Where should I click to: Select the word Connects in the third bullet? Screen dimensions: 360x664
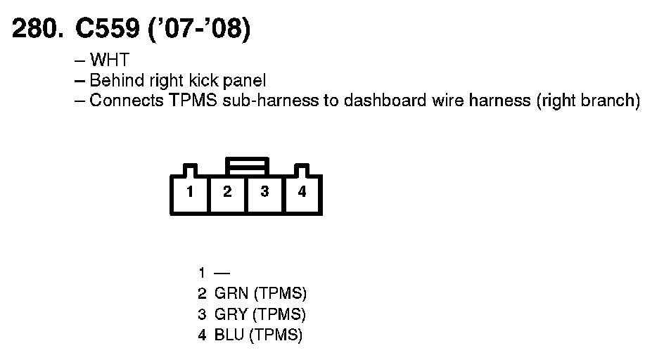click(126, 101)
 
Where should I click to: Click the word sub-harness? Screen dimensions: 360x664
click(259, 101)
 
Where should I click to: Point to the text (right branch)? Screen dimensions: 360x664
click(588, 101)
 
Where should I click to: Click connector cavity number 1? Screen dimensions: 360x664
click(190, 192)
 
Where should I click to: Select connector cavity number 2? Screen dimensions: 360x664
click(227, 192)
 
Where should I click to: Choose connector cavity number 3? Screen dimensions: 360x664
click(264, 192)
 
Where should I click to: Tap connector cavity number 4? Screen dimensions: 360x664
click(302, 192)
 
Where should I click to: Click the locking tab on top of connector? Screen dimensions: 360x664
click(246, 166)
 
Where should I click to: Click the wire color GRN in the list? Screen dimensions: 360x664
click(228, 293)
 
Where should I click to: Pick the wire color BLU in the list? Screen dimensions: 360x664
click(226, 335)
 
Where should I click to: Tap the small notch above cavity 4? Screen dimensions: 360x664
click(302, 170)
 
